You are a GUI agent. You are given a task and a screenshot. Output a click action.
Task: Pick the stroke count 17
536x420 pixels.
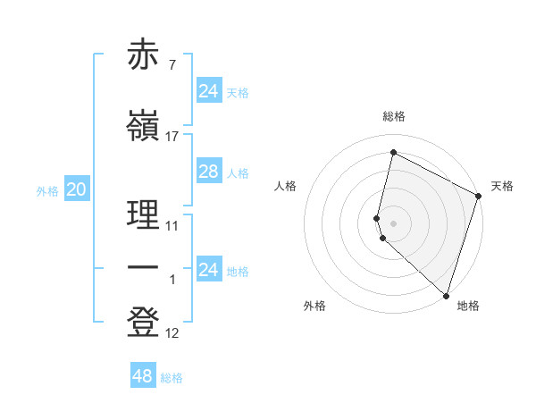pos(172,137)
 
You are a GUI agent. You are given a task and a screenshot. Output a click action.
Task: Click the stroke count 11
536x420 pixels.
pos(172,226)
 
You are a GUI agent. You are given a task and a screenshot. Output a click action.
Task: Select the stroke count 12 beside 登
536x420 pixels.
pos(172,333)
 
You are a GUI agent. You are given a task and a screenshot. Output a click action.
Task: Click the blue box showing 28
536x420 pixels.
pos(208,172)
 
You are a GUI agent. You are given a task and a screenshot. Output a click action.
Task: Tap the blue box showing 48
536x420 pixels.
pos(142,376)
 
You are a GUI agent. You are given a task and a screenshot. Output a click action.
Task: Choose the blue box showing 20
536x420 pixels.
pos(76,189)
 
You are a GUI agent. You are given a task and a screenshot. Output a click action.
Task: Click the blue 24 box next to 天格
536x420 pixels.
pos(208,90)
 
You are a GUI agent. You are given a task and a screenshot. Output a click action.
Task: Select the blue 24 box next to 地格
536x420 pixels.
pos(208,270)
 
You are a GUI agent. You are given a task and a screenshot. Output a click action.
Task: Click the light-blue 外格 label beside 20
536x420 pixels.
pos(46,191)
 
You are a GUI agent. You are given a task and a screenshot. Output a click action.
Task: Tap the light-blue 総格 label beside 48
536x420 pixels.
pos(172,378)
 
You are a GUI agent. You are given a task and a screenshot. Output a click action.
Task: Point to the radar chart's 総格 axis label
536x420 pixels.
pos(393,117)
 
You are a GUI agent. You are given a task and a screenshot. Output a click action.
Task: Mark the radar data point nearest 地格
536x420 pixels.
pos(446,295)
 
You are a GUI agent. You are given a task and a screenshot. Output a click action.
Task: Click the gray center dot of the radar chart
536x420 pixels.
pos(393,223)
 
